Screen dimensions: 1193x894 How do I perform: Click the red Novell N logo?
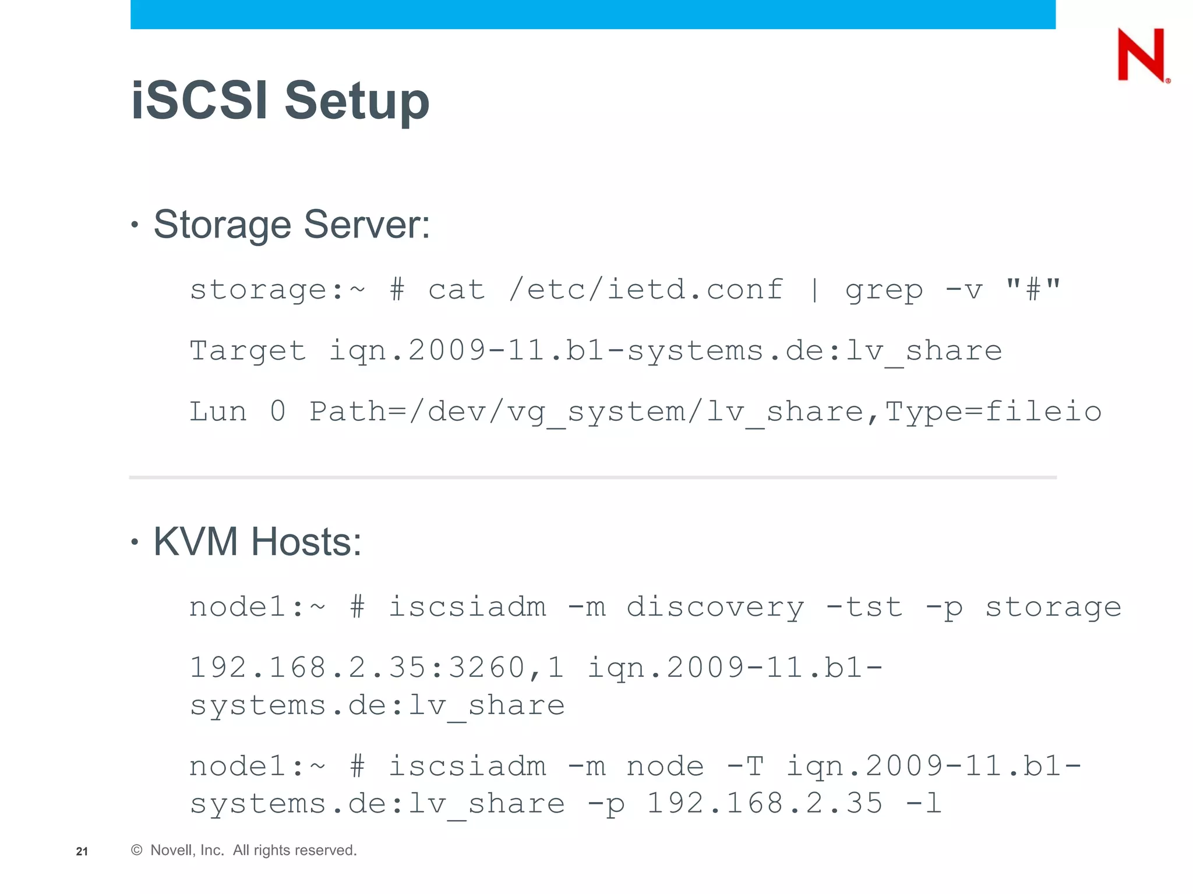[x=1141, y=55]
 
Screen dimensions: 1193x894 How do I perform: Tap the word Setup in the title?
[x=357, y=102]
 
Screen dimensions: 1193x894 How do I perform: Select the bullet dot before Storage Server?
[x=135, y=225]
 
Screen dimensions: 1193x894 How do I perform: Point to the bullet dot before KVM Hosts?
[x=135, y=542]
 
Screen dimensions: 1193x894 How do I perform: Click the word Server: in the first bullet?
[x=367, y=224]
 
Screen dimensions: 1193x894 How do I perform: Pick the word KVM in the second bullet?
[x=195, y=541]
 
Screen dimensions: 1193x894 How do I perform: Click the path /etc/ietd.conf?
[x=645, y=289]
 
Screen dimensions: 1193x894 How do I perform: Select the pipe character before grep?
[x=814, y=290]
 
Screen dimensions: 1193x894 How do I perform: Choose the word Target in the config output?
[x=248, y=350]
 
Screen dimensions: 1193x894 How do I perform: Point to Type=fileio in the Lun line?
[x=993, y=411]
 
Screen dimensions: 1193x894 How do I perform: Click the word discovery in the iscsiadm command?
[x=715, y=607]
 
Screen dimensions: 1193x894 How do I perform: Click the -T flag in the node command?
[x=745, y=766]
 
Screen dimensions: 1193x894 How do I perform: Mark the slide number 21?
[x=82, y=852]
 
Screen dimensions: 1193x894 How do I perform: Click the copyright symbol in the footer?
[x=137, y=850]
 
